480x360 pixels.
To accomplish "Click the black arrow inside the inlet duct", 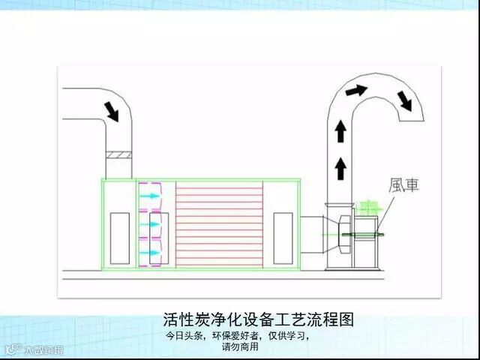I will (112, 112).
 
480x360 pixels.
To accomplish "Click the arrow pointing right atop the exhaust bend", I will (357, 91).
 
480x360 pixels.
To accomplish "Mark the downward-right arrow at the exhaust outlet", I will (405, 100).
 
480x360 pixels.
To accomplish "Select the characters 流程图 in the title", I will (329, 319).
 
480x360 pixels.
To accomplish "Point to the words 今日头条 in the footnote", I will (184, 336).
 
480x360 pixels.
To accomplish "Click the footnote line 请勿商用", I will (240, 347).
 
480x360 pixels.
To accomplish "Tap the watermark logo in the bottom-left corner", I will (34, 349).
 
